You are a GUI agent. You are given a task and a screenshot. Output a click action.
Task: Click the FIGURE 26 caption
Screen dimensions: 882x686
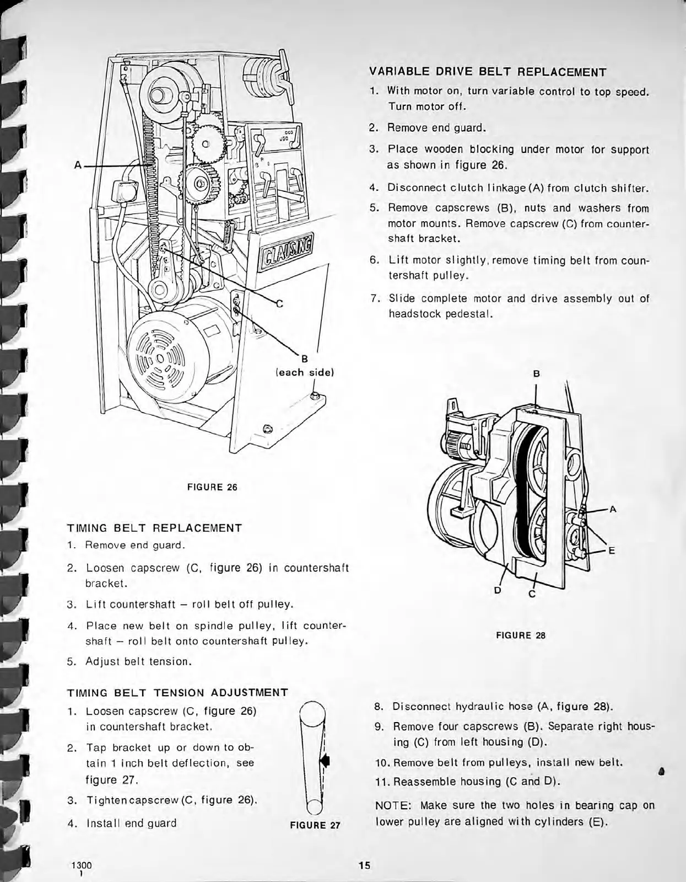pos(212,487)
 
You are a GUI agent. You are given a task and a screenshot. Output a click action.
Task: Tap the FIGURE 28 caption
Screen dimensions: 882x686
pos(521,635)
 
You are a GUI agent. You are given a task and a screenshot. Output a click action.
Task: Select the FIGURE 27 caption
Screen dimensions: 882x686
pos(315,825)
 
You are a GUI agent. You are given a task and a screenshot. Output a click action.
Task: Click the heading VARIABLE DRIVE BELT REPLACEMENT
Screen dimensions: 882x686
pos(487,72)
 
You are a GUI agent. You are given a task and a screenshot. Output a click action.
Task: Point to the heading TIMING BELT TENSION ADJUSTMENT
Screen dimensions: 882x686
pos(177,692)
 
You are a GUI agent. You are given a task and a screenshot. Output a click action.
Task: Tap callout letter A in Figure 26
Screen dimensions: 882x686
pos(78,164)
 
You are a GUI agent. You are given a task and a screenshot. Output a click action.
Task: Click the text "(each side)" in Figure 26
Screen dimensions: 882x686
pos(305,372)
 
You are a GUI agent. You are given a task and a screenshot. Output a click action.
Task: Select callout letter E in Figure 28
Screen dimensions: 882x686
pos(612,550)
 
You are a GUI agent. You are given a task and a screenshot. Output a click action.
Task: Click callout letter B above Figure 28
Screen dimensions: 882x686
pos(536,373)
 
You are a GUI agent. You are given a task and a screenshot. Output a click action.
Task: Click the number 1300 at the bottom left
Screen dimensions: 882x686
pos(81,865)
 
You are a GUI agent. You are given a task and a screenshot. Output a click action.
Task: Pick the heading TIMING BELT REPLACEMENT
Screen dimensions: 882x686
pos(154,527)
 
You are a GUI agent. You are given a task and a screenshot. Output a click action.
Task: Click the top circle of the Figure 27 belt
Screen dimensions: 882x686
pos(312,714)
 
